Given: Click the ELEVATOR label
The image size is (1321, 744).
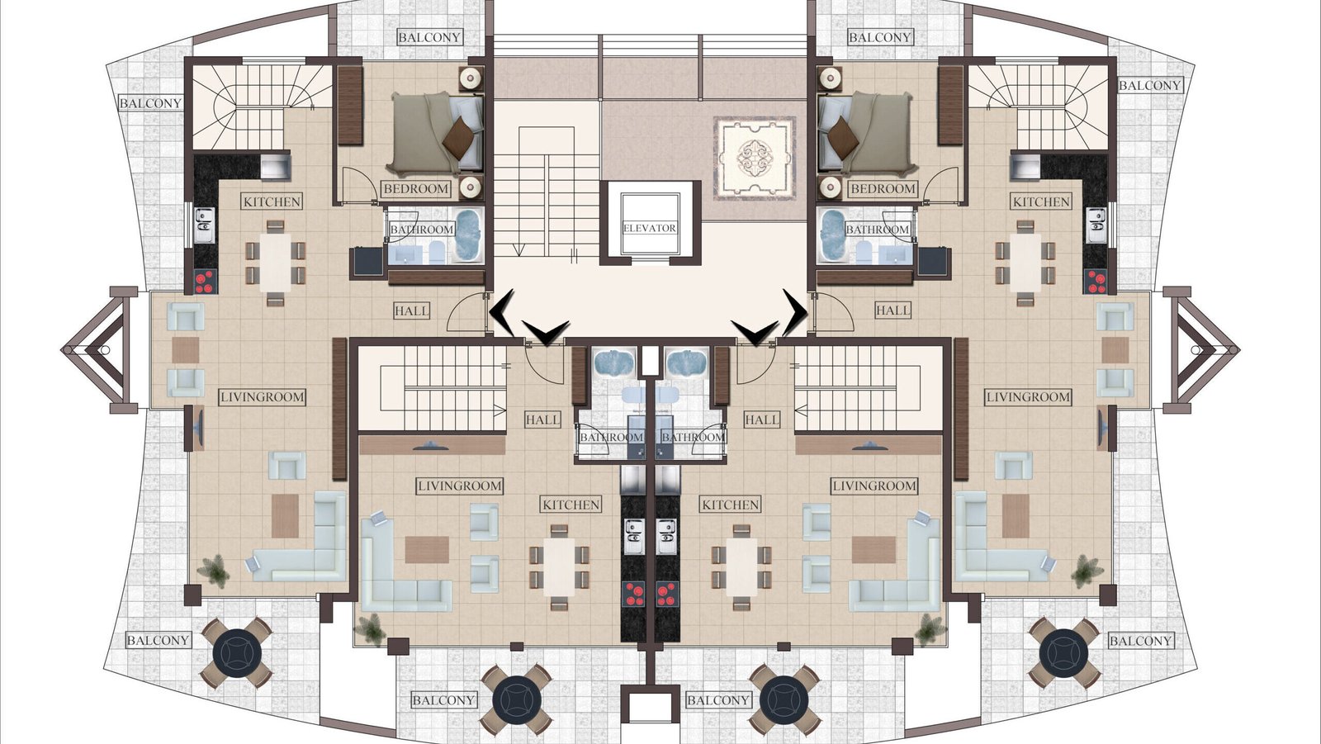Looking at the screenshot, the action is [649, 228].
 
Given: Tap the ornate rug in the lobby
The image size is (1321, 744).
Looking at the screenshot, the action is [755, 158].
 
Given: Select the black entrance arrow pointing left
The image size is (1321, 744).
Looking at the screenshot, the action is [502, 313].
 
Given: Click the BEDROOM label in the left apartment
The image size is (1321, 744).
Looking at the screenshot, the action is [416, 189].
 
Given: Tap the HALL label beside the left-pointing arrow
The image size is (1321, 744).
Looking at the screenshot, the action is [412, 310].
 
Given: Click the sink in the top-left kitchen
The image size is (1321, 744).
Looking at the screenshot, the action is [205, 225].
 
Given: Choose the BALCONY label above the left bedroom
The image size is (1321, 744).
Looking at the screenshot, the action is [429, 37].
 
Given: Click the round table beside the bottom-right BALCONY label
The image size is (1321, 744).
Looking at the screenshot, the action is [1064, 653].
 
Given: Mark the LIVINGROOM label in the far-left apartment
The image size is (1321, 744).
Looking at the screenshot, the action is [263, 397].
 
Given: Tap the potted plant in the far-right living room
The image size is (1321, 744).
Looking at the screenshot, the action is [1087, 571].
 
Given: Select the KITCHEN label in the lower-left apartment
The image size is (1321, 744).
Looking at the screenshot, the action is [571, 505].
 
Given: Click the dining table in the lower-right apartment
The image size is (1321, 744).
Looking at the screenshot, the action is [741, 567].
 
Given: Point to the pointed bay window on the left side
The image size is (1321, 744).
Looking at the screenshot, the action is [100, 349].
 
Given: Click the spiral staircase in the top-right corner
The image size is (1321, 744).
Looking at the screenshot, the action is [1039, 107].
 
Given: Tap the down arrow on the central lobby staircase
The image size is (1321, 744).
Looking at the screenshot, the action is [518, 250].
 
